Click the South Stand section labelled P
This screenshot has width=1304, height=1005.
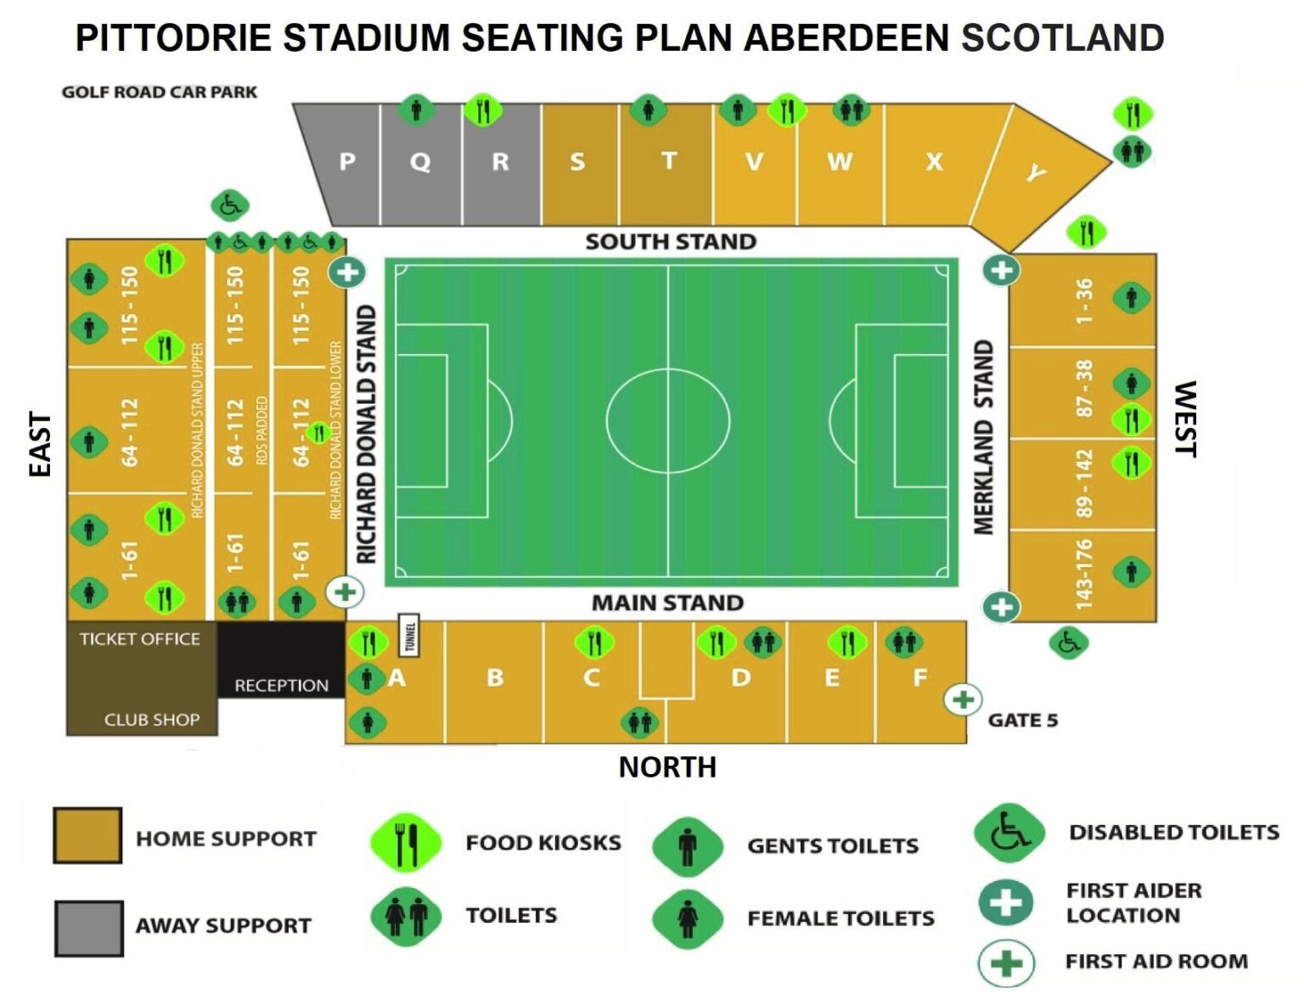[x=346, y=162]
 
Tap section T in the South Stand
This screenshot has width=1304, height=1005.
[x=668, y=161]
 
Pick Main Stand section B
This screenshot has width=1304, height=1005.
[x=495, y=678]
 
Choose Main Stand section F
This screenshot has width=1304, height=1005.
[x=919, y=678]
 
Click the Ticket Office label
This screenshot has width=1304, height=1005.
[x=140, y=639]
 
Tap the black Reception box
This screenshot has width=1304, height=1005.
[x=281, y=671]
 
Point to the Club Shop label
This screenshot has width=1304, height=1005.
[x=152, y=720]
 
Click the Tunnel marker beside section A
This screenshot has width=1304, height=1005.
[x=410, y=635]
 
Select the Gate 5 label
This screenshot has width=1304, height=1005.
[x=1022, y=721]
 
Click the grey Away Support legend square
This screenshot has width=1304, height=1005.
[x=88, y=928]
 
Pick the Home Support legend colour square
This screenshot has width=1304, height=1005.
[x=87, y=836]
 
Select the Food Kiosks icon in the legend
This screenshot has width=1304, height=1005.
[x=406, y=843]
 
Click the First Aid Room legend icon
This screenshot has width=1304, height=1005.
[x=1006, y=963]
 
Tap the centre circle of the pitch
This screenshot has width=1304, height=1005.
[x=668, y=419]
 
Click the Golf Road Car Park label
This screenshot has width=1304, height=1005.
[x=160, y=92]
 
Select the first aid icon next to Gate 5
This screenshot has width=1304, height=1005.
[x=963, y=699]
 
